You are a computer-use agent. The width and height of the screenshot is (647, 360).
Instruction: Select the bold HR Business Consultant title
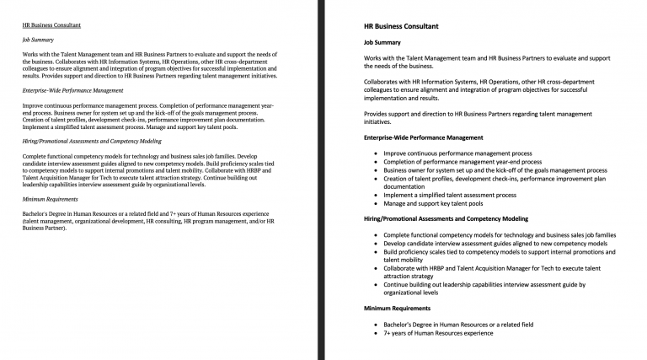click(400, 27)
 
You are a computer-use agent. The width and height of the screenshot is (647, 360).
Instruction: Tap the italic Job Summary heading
click(38, 40)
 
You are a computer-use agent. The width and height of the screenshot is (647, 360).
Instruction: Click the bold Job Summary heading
click(382, 42)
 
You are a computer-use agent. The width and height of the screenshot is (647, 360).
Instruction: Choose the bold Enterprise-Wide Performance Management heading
click(423, 137)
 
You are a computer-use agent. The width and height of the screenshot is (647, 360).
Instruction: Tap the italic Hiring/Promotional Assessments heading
click(92, 141)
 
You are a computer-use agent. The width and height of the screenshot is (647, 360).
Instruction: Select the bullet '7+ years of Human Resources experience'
click(438, 333)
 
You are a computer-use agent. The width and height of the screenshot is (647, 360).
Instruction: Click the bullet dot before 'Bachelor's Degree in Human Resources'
click(375, 325)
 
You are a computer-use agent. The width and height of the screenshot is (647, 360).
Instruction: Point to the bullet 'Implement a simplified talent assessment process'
click(450, 195)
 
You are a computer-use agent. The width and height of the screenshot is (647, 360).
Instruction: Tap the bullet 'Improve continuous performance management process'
click(457, 153)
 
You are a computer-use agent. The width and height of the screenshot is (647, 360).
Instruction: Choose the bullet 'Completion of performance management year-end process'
click(463, 162)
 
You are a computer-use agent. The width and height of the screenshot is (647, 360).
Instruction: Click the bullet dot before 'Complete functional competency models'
click(375, 235)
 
